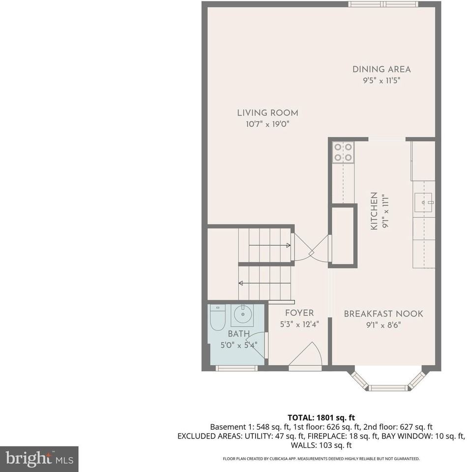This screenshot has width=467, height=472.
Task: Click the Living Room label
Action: (x=267, y=113)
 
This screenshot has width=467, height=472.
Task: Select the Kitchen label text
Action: (x=374, y=211)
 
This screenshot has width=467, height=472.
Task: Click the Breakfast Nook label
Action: (x=383, y=314)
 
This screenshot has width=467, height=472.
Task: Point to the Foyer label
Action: (x=299, y=313)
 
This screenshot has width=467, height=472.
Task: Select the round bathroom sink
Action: (x=242, y=314)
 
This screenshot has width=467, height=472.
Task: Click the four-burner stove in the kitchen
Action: (x=343, y=151)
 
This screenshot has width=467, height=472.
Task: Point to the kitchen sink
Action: (x=423, y=201)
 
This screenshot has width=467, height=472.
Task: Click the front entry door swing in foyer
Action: (x=306, y=355)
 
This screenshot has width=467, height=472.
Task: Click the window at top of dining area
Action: (x=383, y=4)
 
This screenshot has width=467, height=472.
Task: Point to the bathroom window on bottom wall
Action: (x=236, y=368)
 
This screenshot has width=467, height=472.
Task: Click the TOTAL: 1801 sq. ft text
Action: (x=321, y=417)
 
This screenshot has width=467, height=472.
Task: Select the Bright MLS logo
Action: (x=39, y=459)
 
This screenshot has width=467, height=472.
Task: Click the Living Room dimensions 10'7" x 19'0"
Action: (x=267, y=124)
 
